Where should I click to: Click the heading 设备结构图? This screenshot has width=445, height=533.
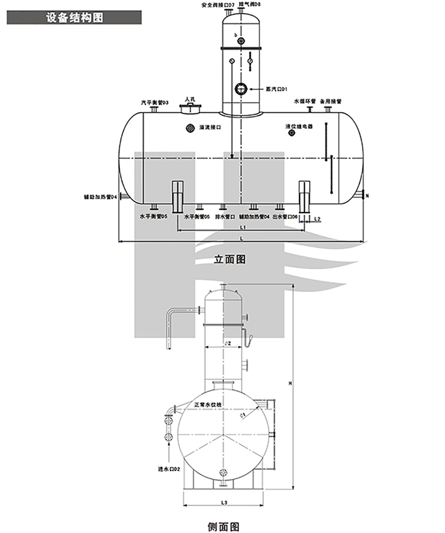[x=74, y=18]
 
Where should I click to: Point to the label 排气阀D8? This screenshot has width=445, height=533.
[x=250, y=4]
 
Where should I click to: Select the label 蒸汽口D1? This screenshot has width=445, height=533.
[x=276, y=89]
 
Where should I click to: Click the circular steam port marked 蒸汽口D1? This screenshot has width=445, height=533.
[x=241, y=89]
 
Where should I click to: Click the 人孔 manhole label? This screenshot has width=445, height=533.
[x=190, y=99]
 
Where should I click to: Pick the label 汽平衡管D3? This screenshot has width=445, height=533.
[x=155, y=103]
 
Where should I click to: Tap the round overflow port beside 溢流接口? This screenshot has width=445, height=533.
[x=190, y=128]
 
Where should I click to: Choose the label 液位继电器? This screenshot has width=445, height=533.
[x=299, y=126]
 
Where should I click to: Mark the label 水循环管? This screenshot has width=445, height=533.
[x=305, y=100]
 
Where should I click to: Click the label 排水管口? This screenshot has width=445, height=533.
[x=225, y=217]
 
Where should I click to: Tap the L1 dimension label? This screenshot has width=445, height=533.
[x=243, y=226]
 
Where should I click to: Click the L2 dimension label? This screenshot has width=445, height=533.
[x=318, y=218]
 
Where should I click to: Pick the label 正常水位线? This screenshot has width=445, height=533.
[x=208, y=404]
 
